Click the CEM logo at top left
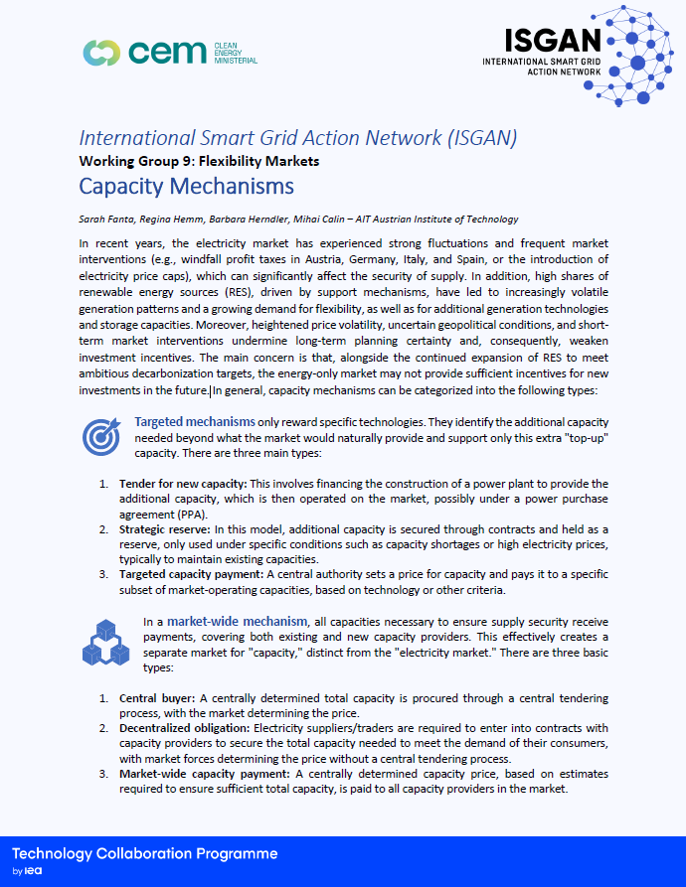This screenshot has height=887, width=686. [169, 52]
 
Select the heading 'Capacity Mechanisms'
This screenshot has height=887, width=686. [186, 186]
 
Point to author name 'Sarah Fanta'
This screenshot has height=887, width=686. [102, 219]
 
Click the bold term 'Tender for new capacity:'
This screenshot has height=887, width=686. [175, 484]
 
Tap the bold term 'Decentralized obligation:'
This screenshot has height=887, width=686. [179, 728]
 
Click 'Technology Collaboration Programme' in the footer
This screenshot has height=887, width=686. [145, 854]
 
